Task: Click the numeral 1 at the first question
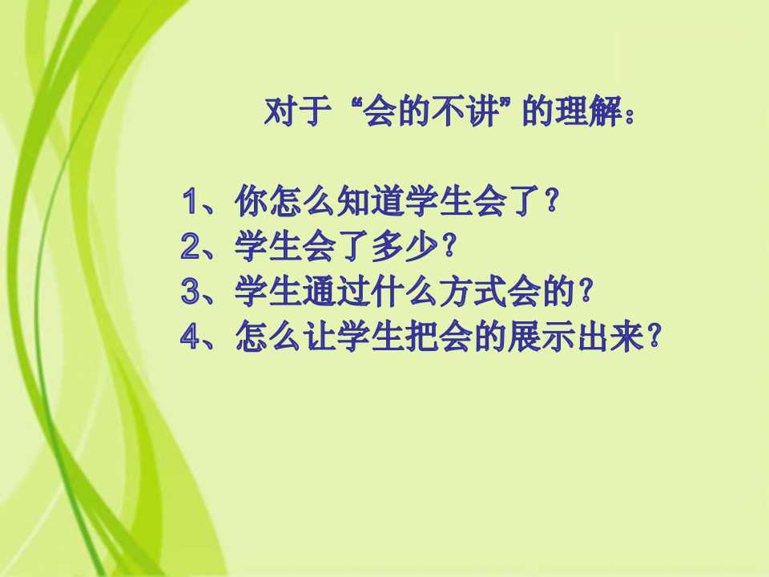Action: point(191,200)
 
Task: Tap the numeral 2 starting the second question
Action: point(191,246)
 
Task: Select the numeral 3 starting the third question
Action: point(191,292)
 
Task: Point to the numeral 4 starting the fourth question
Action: point(191,337)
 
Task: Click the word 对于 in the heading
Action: point(297,112)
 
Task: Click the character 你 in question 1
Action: point(251,200)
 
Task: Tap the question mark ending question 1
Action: point(551,200)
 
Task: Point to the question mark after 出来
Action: point(654,337)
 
